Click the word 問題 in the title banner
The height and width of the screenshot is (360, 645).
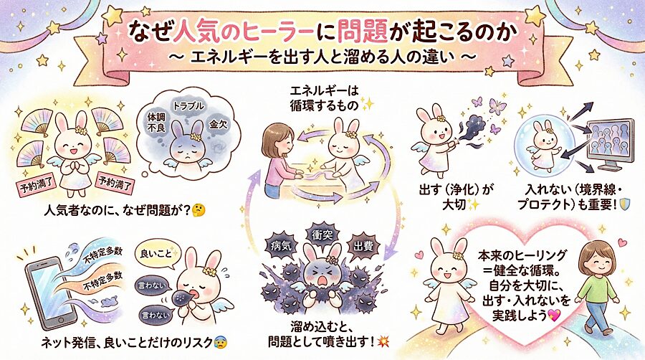(362, 32)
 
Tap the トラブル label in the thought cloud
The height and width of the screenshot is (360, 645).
(188, 105)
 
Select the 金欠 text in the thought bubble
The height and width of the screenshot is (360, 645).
(218, 124)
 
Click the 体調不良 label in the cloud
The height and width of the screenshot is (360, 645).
(156, 122)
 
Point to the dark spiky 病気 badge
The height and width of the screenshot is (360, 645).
(282, 246)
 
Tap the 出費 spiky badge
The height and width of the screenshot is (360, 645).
(363, 247)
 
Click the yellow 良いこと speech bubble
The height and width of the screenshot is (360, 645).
(158, 254)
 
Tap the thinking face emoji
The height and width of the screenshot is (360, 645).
(199, 211)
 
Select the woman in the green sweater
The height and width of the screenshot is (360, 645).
(597, 287)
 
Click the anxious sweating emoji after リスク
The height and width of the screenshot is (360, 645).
(221, 342)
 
